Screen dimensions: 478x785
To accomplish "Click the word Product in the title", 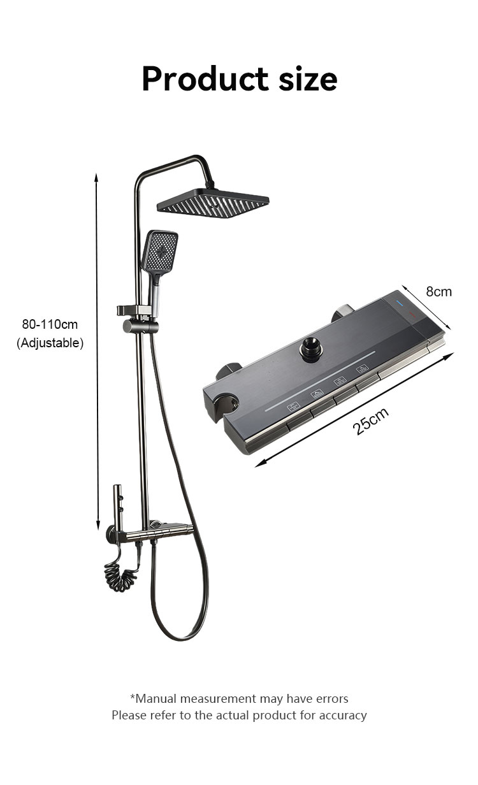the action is (x=205, y=78).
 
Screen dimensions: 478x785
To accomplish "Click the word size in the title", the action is (x=308, y=78).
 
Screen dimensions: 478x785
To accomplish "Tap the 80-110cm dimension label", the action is (x=50, y=324).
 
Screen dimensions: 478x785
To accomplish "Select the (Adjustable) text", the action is (x=50, y=343).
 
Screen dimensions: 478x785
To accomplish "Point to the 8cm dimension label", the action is (x=438, y=292).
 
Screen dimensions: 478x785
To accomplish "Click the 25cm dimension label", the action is (x=370, y=421).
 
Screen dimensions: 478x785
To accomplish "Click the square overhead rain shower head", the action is (x=213, y=203).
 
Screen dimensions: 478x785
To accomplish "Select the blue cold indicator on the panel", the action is (x=399, y=302).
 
